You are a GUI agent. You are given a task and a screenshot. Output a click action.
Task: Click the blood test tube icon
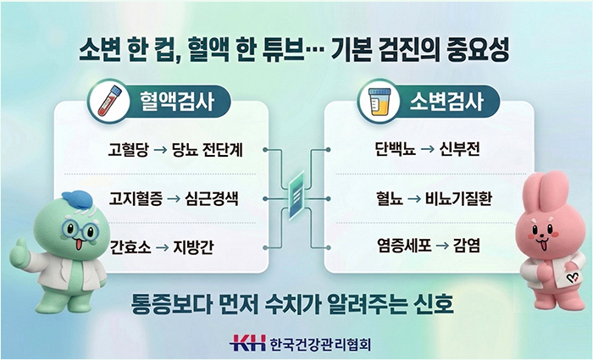105,102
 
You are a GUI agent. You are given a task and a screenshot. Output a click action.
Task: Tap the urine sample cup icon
379,102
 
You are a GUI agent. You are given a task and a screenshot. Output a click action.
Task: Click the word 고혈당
129,151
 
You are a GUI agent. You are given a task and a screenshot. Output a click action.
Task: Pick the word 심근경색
213,200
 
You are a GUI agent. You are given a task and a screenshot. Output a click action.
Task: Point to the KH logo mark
247,343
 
